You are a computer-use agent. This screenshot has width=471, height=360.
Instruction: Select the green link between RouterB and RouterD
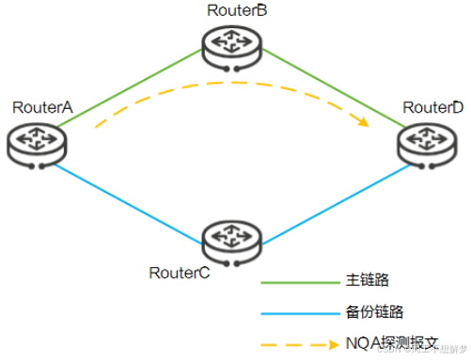329,94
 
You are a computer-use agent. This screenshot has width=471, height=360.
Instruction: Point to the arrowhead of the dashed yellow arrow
363,120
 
